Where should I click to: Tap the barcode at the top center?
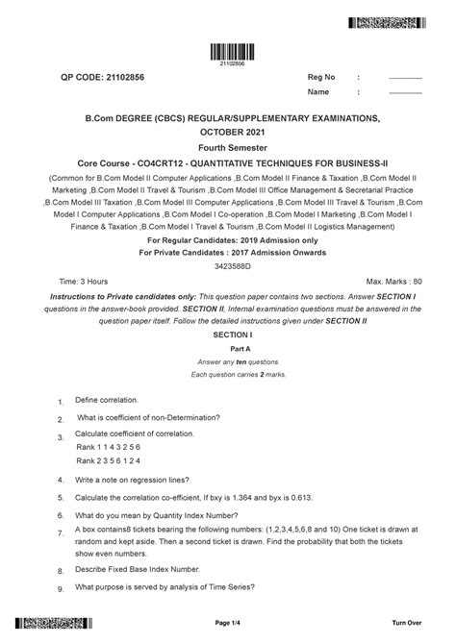(x=227, y=53)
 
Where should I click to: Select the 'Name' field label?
(x=318, y=92)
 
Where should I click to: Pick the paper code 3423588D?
(x=227, y=264)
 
